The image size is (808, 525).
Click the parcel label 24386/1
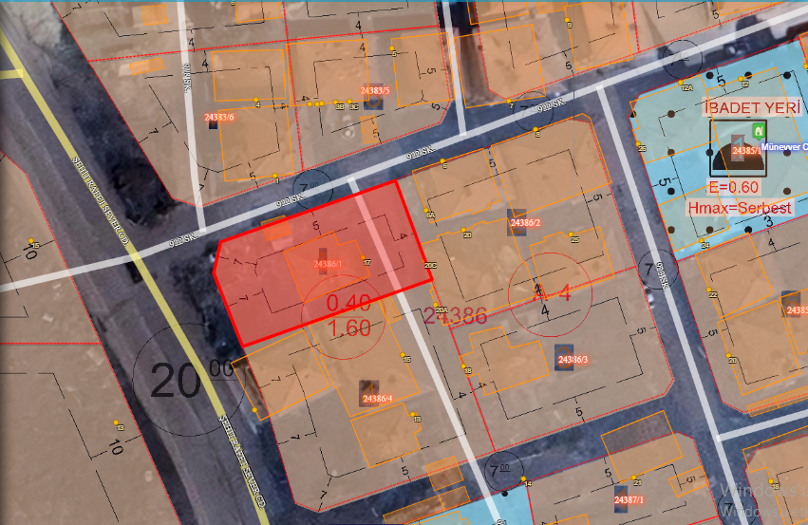[327, 264]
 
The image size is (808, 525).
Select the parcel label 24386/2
[524, 222]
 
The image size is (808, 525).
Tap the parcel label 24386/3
[573, 360]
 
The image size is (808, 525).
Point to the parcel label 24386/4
[377, 398]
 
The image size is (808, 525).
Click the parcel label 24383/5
[376, 90]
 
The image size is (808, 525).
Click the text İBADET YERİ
[751, 108]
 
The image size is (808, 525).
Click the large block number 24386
[455, 315]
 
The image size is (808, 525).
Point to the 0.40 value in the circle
[348, 303]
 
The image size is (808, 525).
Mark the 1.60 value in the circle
[348, 328]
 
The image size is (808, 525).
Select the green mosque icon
[758, 130]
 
